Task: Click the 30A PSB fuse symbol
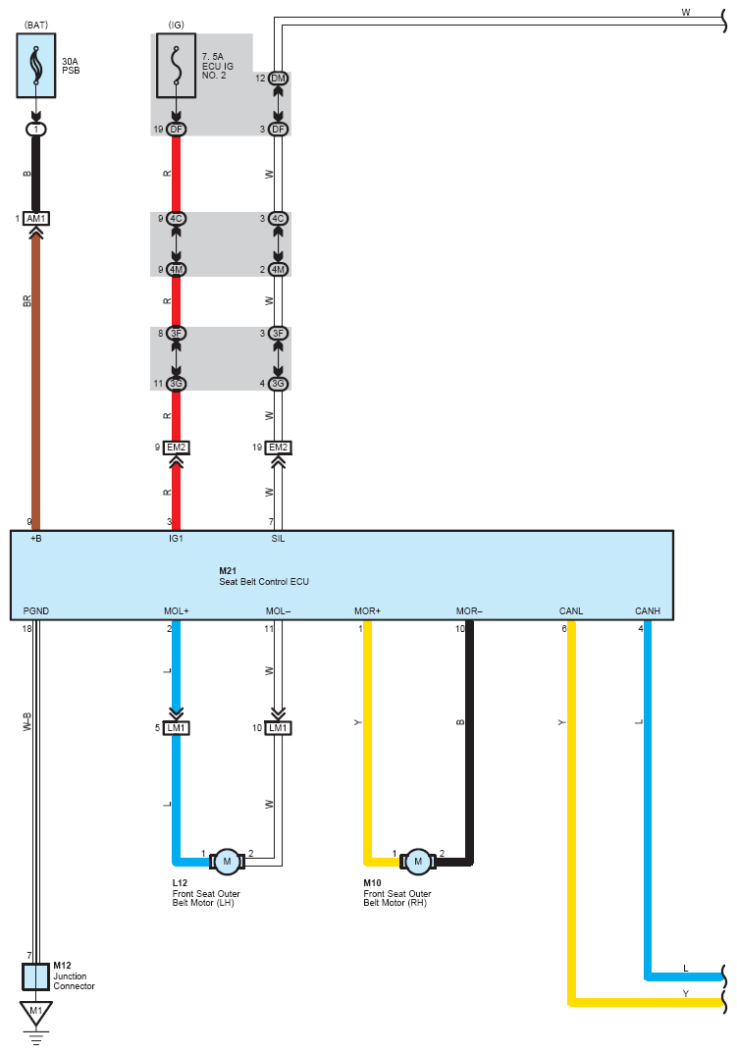click(x=36, y=66)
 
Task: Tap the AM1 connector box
click(x=36, y=218)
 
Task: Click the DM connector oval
click(x=279, y=78)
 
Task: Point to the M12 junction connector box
click(x=36, y=976)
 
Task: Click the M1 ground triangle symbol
click(x=36, y=1011)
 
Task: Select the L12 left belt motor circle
click(x=227, y=861)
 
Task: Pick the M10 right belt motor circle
click(x=418, y=861)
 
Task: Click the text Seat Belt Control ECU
click(x=264, y=582)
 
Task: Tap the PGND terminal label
click(x=36, y=611)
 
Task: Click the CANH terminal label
click(x=648, y=611)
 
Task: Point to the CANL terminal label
click(x=570, y=611)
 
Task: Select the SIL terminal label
click(x=278, y=539)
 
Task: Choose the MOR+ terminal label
click(x=368, y=611)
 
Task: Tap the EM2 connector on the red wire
click(x=177, y=448)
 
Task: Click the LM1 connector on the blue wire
click(x=177, y=727)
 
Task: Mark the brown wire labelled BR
click(x=36, y=373)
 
